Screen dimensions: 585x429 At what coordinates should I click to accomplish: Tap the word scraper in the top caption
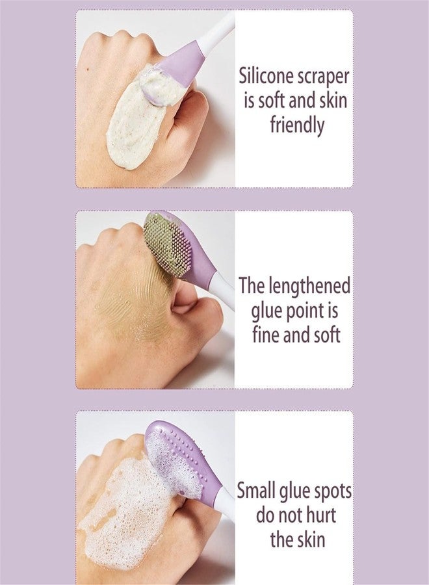[x=322, y=76]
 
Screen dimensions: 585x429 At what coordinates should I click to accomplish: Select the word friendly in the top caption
[x=296, y=124]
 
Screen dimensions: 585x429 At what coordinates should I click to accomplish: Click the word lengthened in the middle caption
[x=315, y=286]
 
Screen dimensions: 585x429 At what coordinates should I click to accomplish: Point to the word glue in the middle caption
[x=267, y=311]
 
